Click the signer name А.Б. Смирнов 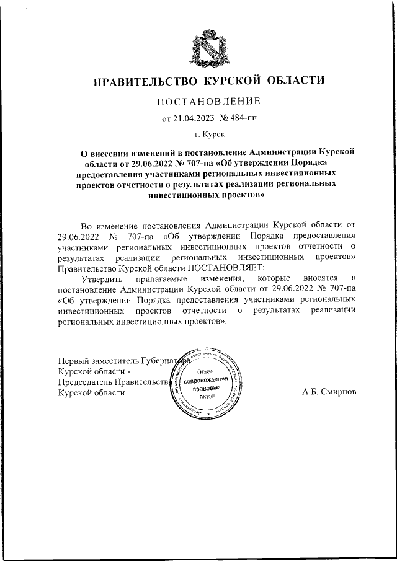tap(329, 392)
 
